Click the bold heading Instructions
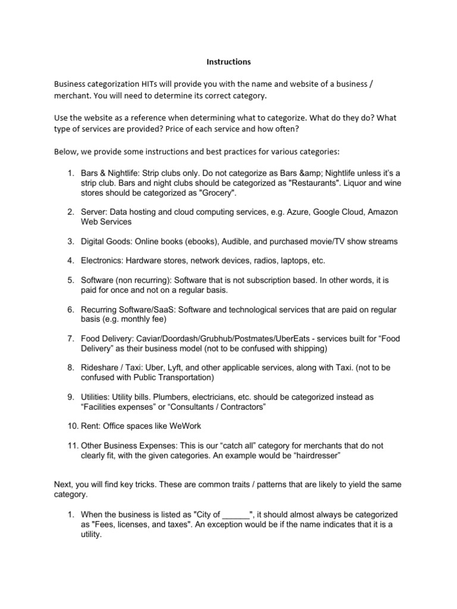[x=228, y=61]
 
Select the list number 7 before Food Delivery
[x=70, y=338]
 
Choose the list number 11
[x=71, y=445]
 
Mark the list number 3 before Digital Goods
[x=70, y=241]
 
